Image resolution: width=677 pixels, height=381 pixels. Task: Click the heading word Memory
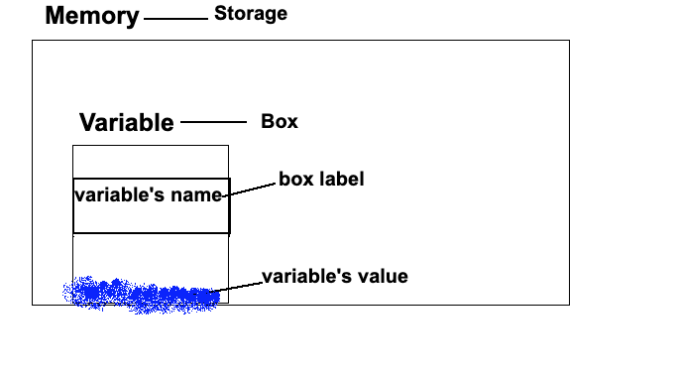tap(92, 17)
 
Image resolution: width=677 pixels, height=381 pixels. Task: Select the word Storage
tap(251, 14)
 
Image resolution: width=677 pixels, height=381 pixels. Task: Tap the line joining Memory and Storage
tap(175, 18)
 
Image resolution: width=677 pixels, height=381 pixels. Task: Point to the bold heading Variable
tap(126, 123)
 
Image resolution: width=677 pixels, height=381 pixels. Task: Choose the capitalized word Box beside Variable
tap(280, 122)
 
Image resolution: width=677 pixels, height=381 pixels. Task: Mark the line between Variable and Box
tap(213, 122)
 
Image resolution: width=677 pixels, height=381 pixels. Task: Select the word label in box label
tap(343, 180)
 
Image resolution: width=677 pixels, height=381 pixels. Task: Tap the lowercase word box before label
tap(296, 180)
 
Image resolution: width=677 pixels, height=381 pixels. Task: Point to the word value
tap(384, 276)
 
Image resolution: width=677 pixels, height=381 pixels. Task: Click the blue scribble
tap(139, 295)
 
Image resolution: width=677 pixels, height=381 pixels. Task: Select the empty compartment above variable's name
tap(150, 162)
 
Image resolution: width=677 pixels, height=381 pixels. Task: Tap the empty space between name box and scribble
tap(150, 255)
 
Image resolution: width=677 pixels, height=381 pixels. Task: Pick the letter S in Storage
tap(220, 14)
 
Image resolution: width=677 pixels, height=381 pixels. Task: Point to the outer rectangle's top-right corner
tap(569, 41)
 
